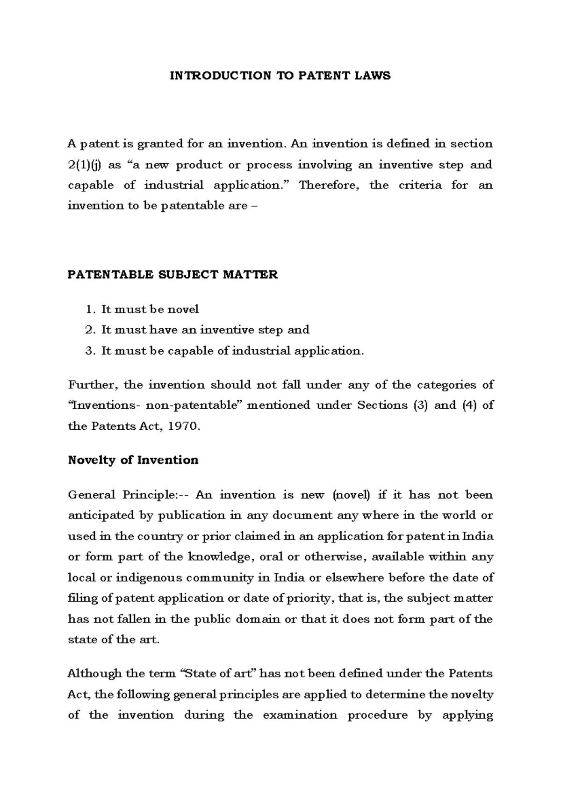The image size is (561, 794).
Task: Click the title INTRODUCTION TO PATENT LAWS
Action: [280, 76]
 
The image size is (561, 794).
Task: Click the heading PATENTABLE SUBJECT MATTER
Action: [173, 274]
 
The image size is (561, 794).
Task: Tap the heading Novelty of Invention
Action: [133, 460]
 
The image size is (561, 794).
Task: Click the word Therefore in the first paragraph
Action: [330, 186]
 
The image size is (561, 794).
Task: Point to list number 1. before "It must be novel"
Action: [90, 310]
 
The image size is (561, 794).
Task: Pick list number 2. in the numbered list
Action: [90, 330]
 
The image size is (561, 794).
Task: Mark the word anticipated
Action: [101, 516]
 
